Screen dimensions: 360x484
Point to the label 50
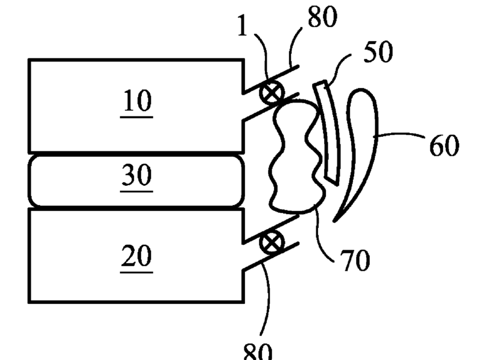click(x=378, y=53)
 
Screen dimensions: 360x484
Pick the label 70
click(x=354, y=261)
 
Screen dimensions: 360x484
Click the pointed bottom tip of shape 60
click(x=333, y=221)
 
